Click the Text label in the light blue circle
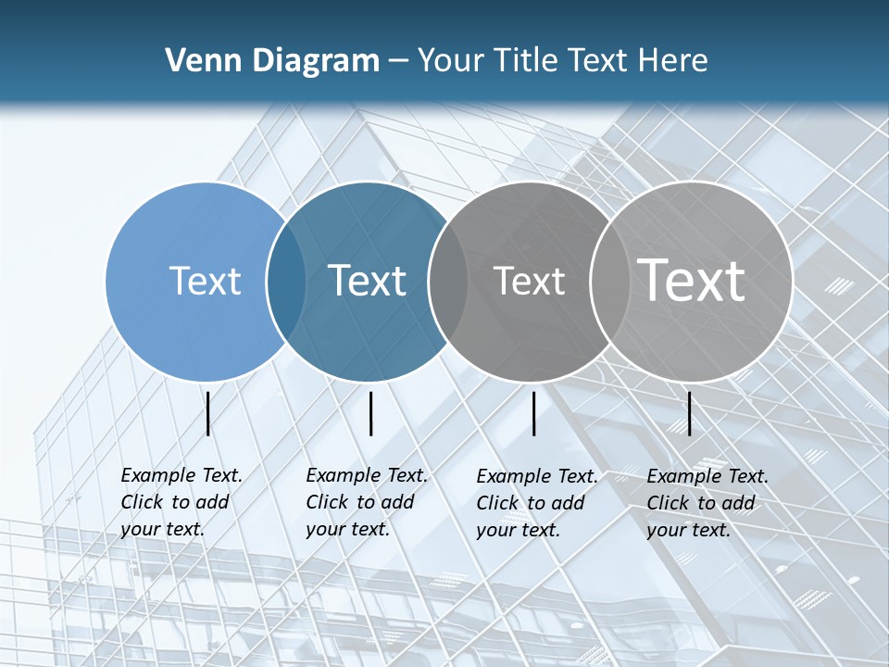[205, 281]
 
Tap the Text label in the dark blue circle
[367, 281]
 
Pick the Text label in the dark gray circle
[529, 281]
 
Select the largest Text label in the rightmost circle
[691, 280]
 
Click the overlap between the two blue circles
[286, 281]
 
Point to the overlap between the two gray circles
[610, 281]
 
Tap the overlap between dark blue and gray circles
[448, 281]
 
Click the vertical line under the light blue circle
[208, 414]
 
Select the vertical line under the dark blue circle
[370, 414]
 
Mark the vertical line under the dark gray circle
[534, 414]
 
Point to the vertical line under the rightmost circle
[690, 414]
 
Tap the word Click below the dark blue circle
[327, 502]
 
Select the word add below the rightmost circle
[738, 503]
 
